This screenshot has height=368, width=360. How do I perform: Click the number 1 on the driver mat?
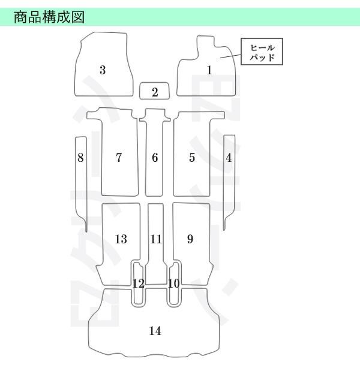(209, 70)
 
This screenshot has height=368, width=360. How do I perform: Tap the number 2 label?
(155, 92)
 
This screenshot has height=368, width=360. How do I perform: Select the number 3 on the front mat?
(103, 70)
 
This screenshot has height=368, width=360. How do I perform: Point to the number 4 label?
(229, 158)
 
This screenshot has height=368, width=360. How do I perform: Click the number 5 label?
(192, 158)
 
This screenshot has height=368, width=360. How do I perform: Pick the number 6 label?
(155, 158)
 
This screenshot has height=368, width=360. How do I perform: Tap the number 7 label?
(119, 158)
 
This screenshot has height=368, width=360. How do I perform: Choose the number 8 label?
(80, 158)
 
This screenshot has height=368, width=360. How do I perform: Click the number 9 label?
(190, 239)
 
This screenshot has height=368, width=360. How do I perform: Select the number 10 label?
(174, 283)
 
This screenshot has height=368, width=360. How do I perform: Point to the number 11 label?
(156, 239)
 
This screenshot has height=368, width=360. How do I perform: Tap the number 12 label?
(139, 283)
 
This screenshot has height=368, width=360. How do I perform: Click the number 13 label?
(121, 239)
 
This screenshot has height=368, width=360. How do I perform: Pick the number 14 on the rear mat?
(155, 331)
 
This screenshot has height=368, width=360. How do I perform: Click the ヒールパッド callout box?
(262, 52)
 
